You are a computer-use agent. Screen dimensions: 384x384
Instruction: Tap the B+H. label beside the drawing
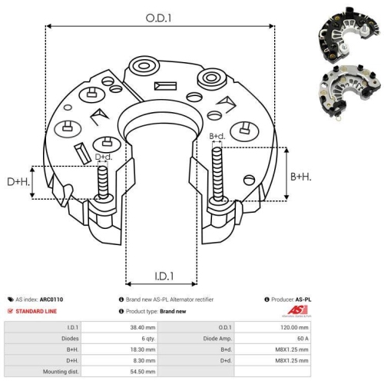point(301,177)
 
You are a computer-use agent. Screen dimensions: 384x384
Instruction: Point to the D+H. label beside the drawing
point(17,182)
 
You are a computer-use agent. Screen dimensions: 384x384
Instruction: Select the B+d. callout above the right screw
point(217,137)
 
